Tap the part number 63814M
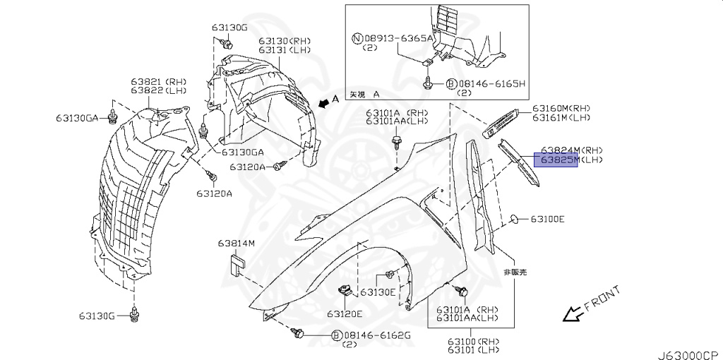pos(236,244)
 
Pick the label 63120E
pos(344,313)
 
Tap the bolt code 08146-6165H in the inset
pos(491,83)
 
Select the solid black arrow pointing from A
pos(324,104)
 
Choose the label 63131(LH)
pos(285,50)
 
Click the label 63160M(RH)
pos(561,108)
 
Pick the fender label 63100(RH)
pos(472,342)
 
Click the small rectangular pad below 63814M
pos(235,264)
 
